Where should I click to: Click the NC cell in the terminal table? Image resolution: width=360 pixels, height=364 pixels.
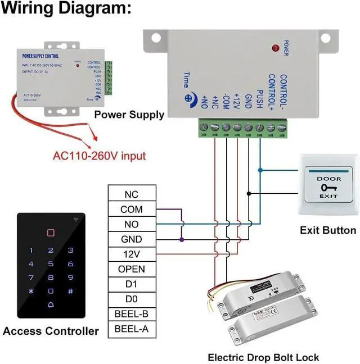click(x=132, y=194)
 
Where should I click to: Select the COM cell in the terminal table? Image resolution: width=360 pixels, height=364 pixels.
click(x=132, y=210)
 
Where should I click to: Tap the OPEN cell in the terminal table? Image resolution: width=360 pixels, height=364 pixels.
click(x=132, y=269)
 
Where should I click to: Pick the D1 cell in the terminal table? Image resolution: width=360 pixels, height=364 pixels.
click(x=132, y=284)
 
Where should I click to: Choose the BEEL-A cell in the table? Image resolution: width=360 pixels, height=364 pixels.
click(x=132, y=329)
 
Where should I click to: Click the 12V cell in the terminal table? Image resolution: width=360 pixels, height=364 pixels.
click(x=132, y=254)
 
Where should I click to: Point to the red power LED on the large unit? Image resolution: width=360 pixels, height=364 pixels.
click(x=276, y=48)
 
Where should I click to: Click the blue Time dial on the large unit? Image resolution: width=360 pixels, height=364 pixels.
click(x=187, y=97)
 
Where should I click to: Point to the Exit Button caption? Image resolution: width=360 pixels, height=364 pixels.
click(x=327, y=230)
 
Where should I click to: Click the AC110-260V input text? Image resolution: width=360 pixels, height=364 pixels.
click(x=99, y=156)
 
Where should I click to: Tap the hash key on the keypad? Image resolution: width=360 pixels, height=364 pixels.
click(x=70, y=291)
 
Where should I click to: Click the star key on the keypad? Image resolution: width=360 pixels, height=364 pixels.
click(x=31, y=291)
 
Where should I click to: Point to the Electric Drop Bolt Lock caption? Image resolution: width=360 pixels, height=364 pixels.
click(x=263, y=357)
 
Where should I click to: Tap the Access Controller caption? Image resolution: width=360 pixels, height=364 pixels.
click(x=51, y=331)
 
